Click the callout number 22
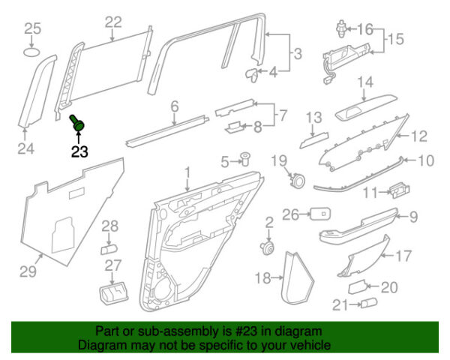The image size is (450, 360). pyautogui.click(x=112, y=22)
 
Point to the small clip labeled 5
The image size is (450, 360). pyautogui.click(x=245, y=159)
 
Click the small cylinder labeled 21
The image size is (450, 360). pyautogui.click(x=369, y=304)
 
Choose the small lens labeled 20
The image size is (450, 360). pyautogui.click(x=358, y=286)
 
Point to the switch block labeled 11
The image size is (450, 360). pyautogui.click(x=397, y=190)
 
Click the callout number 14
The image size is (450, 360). pyautogui.click(x=364, y=82)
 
